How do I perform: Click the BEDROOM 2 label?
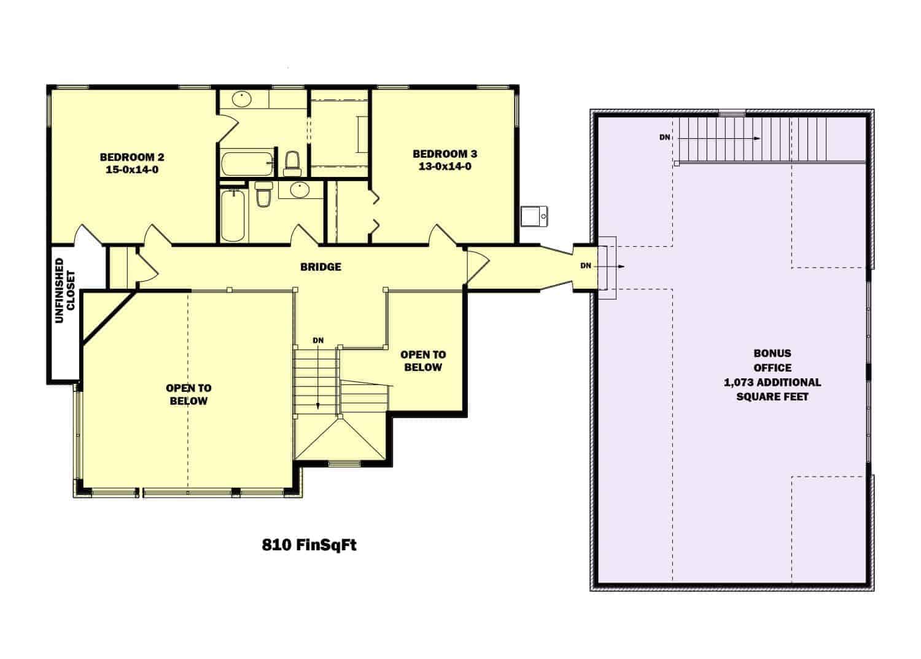132,157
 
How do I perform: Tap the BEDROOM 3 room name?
445,154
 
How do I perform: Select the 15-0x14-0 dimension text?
132,170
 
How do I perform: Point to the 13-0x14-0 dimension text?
445,166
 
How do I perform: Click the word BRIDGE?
321,267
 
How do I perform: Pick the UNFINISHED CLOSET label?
64,291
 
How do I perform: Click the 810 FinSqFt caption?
309,545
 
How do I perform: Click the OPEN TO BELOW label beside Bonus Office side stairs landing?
423,361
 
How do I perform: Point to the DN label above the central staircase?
318,340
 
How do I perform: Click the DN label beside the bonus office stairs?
665,138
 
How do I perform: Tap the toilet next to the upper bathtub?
293,164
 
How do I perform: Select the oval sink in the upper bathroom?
242,99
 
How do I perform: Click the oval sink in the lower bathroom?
300,190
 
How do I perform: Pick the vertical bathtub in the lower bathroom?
233,215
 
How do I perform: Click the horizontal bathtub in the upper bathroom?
247,164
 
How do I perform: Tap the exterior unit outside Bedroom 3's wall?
534,216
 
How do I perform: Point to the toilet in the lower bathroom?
263,194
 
